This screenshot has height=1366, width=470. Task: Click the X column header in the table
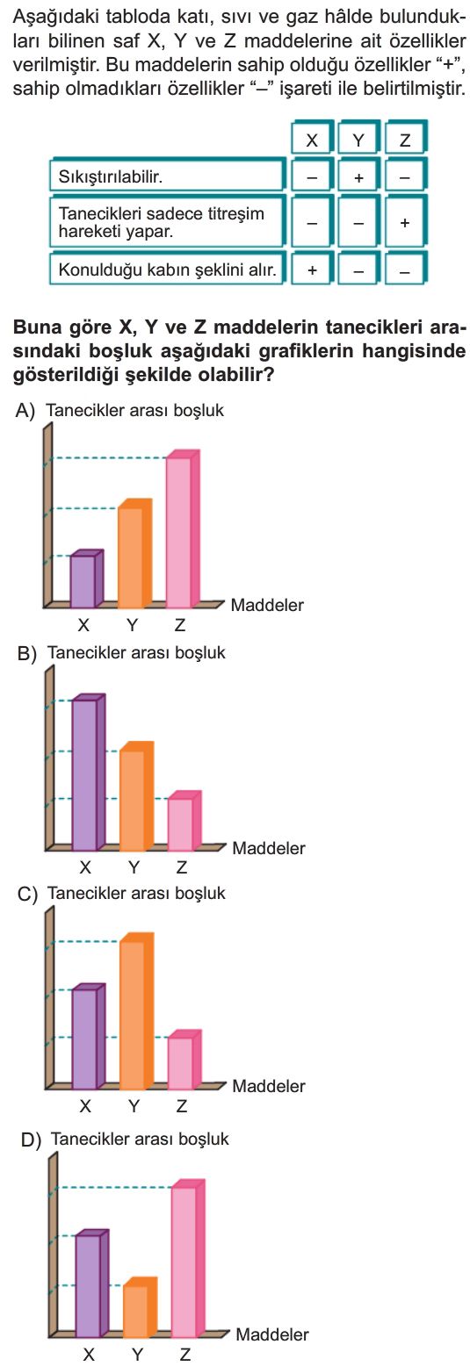[312, 140]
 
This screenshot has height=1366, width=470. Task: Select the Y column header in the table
[358, 140]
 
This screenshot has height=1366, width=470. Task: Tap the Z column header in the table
[405, 140]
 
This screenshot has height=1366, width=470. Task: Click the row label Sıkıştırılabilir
[110, 177]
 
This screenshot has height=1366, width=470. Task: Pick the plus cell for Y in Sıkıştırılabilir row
[358, 177]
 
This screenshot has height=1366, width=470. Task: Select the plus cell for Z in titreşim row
[405, 223]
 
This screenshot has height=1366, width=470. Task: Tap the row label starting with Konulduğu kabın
[167, 270]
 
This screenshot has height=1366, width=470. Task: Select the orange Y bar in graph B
[137, 796]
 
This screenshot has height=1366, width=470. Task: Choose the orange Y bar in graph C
[137, 1011]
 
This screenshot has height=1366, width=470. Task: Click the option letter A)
[25, 412]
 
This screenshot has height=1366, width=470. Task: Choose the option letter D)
[31, 1140]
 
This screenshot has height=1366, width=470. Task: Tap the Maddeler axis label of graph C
[269, 1086]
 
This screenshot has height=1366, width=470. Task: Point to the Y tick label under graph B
[134, 867]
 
